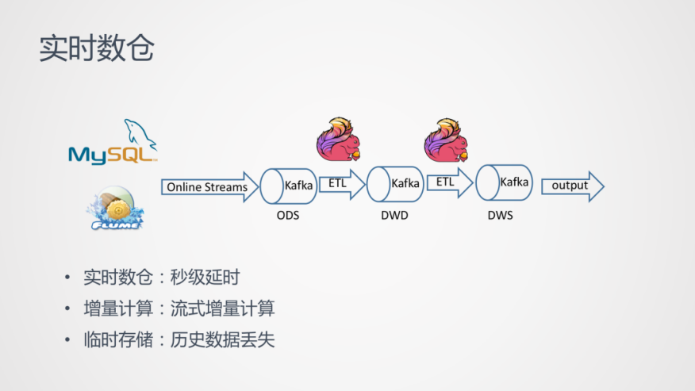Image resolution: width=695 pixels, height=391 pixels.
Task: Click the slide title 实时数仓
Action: click(97, 48)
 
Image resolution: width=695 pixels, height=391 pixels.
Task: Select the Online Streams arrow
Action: click(211, 187)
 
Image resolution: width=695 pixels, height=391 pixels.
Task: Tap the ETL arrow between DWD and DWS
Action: click(449, 182)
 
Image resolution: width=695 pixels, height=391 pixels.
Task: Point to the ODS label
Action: click(288, 216)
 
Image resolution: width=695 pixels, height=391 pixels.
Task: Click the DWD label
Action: click(394, 216)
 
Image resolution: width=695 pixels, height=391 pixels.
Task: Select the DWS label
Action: click(500, 215)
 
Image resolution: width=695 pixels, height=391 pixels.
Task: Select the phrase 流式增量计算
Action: click(222, 309)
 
